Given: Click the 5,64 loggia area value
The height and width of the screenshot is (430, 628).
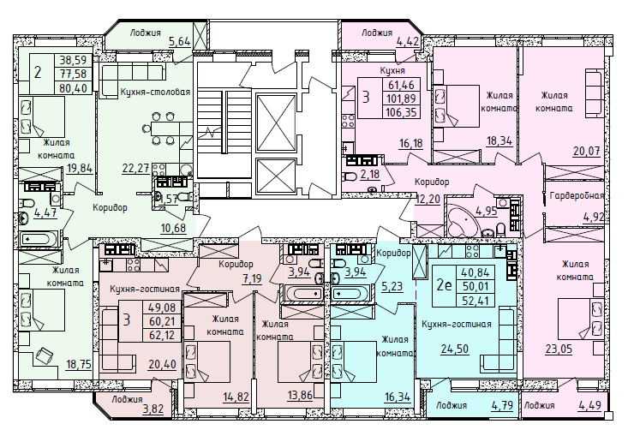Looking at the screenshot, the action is pos(180,42).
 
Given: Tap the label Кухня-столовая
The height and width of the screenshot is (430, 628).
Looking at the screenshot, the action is pos(155,93).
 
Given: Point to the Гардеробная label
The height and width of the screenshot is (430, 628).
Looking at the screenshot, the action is pos(577,196).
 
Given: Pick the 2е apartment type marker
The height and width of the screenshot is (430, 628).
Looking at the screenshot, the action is pos(444,285).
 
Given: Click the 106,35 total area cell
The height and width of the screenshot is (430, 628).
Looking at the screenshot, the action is pos(400,111).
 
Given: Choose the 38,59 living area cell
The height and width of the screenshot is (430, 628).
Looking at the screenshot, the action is pos(73,60).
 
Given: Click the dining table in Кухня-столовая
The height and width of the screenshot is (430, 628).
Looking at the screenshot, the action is pos(165,128).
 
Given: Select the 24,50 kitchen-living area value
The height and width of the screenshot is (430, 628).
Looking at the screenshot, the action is pos(455,349).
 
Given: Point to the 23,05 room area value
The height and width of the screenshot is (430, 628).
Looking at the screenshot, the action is pos(559,349).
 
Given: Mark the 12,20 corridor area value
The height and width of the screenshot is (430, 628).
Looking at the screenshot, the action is pos(428,199).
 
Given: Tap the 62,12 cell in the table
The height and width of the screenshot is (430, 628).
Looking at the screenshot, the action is pos(162,334).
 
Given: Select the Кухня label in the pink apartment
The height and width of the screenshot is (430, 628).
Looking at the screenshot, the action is pos(392,70).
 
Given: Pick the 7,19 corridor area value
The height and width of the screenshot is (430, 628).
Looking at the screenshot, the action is pos(252,278).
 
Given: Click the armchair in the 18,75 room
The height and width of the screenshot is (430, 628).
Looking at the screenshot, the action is pos(44,356).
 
